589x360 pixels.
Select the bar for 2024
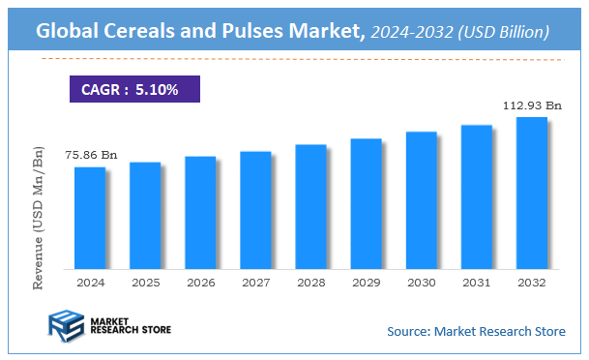tap(90, 218)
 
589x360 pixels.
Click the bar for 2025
tap(145, 215)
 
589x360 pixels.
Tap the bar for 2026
tap(200, 212)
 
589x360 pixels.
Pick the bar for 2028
tap(310, 206)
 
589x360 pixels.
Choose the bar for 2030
tap(421, 199)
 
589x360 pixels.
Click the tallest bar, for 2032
tap(531, 193)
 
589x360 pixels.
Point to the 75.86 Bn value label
tap(91, 155)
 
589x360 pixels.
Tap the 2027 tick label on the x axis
tap(255, 283)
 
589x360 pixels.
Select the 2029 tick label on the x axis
tap(366, 283)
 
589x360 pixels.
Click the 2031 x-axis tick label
tap(476, 283)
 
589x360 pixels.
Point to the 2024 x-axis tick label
tap(90, 283)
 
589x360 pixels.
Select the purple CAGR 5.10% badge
tap(135, 89)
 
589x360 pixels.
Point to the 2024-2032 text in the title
tap(411, 33)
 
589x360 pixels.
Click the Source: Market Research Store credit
tap(476, 332)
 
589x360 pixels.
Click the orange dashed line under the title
tap(290, 59)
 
